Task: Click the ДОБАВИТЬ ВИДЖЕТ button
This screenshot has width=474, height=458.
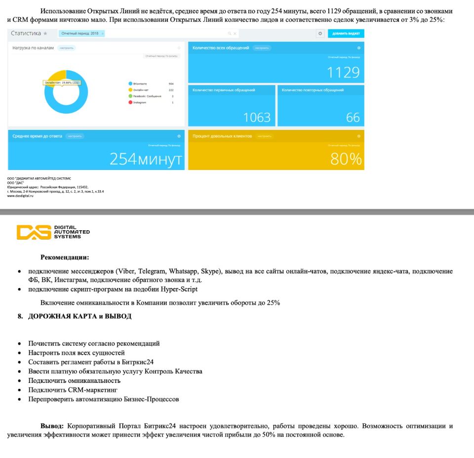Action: tap(346, 34)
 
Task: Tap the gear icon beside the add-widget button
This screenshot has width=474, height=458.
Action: tap(320, 34)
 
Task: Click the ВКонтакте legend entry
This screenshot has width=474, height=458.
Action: tap(140, 83)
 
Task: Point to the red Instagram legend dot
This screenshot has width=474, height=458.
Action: tap(130, 102)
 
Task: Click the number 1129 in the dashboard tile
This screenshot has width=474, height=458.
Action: tap(343, 73)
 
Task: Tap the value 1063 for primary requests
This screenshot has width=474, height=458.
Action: tap(257, 117)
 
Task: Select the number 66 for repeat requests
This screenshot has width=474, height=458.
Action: tap(353, 117)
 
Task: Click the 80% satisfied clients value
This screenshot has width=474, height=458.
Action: tap(346, 159)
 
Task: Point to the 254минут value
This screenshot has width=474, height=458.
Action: tap(145, 159)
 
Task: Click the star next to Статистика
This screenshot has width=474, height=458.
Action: tap(45, 34)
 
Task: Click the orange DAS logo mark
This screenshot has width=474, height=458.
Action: tap(34, 232)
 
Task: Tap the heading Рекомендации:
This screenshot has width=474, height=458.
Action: tap(65, 257)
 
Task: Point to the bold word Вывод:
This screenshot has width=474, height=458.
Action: tap(52, 426)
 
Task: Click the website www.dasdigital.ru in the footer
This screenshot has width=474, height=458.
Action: tap(24, 196)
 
